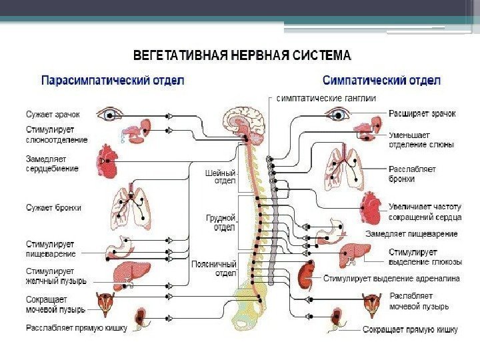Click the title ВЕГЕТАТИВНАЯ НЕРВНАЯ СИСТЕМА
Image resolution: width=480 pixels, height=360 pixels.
tap(242, 54)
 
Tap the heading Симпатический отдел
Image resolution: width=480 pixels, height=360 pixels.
tap(382, 80)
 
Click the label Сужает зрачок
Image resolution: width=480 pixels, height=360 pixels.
tap(53, 114)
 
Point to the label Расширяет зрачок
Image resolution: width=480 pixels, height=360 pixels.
tap(423, 113)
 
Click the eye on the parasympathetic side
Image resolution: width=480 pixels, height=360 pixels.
tap(107, 115)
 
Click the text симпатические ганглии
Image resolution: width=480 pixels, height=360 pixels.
tap(326, 98)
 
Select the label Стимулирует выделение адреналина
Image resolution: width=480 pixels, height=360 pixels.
tap(391, 279)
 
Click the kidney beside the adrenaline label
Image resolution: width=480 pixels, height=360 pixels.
tap(307, 273)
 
